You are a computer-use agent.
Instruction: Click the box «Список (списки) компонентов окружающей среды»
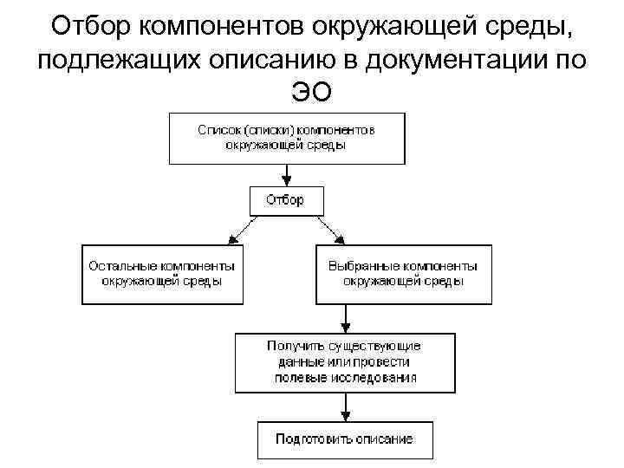coord(286,138)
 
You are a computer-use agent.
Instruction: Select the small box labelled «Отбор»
coord(285,200)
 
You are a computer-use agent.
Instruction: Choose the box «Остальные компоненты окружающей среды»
coord(161,273)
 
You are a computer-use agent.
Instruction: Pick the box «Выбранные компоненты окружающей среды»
coord(403,273)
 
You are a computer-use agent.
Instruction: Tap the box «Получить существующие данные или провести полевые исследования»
coord(345,361)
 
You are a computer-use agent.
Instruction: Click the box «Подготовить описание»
coord(345,439)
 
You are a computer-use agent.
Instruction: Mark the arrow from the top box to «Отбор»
coord(286,174)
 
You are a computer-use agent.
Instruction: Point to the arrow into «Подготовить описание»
coord(345,406)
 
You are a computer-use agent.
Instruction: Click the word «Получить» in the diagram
coord(294,346)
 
